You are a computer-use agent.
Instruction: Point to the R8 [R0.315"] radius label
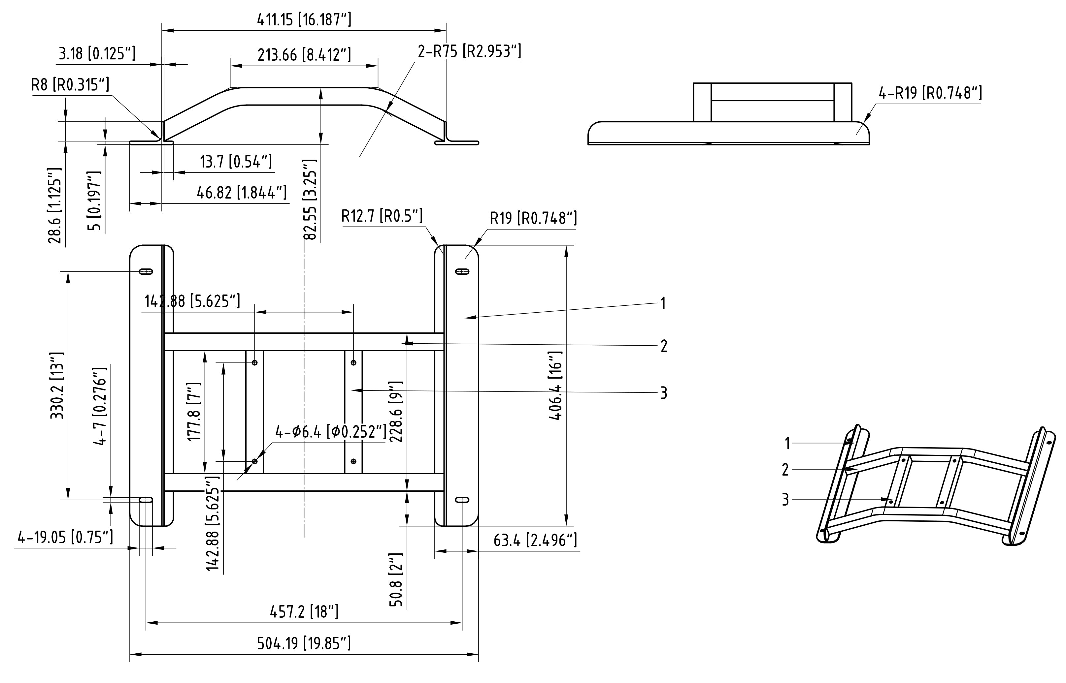[x=70, y=84]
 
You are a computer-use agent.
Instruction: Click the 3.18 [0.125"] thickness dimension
[x=97, y=54]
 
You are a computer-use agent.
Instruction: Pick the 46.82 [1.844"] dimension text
[x=242, y=193]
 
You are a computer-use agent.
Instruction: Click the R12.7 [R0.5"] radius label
[x=382, y=216]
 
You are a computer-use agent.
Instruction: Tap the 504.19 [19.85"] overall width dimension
[x=304, y=643]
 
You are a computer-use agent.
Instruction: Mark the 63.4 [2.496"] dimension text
[x=535, y=541]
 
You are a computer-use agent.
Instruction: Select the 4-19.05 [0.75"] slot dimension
[x=65, y=538]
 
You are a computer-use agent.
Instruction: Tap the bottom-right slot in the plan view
[x=462, y=500]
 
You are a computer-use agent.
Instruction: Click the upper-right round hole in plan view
[x=353, y=363]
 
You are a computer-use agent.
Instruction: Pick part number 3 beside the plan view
[x=663, y=393]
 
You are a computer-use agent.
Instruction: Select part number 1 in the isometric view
[x=787, y=443]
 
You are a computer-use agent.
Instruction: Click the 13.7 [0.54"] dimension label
[x=236, y=162]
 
